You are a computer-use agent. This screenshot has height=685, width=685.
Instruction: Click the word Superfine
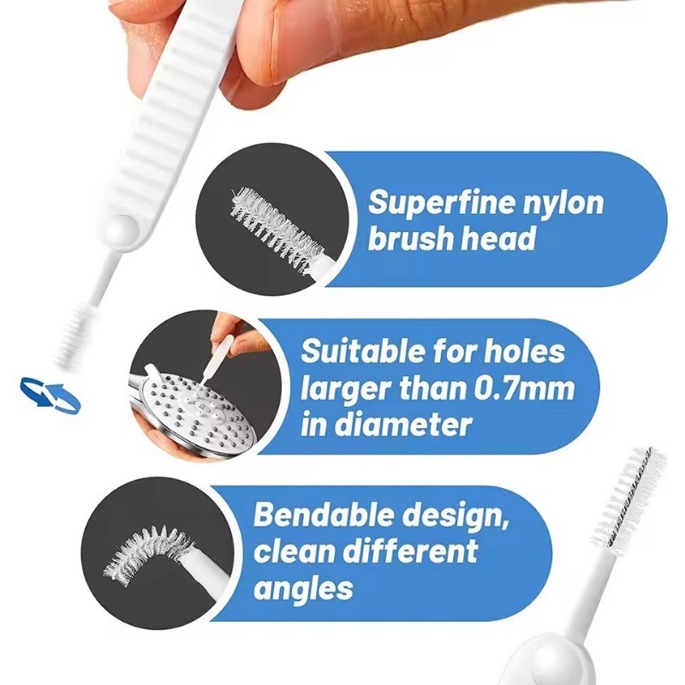point(442,203)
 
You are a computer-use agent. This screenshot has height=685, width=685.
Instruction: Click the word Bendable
point(325,515)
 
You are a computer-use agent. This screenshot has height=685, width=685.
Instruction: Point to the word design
point(456,516)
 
